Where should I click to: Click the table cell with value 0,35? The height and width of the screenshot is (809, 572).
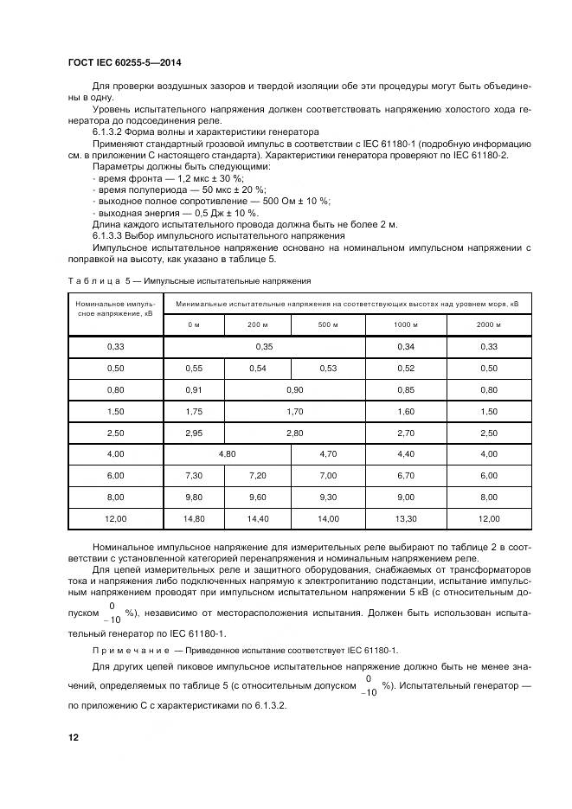(264, 346)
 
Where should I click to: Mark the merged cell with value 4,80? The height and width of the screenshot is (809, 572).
(227, 453)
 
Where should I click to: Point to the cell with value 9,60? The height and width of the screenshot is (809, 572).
(258, 497)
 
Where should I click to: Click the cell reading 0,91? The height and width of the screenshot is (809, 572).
(193, 389)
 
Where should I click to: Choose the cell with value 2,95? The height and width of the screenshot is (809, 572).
(193, 432)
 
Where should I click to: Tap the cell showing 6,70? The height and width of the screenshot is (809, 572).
(406, 475)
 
